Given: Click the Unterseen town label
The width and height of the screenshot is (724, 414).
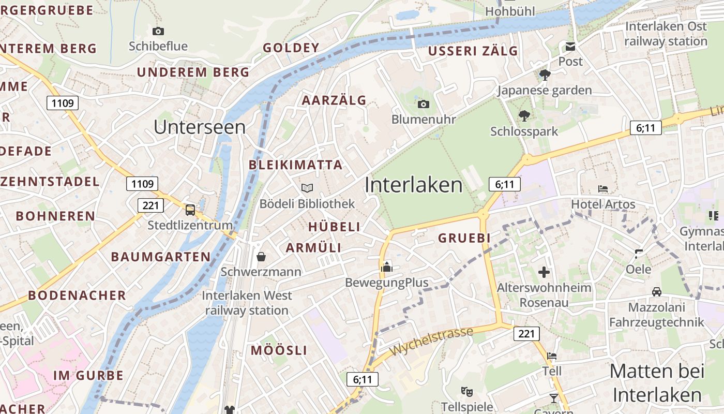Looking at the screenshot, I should click(x=200, y=127).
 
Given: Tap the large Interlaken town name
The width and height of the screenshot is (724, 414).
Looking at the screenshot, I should click(x=414, y=185).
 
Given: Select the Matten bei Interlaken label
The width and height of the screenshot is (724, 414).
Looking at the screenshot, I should click(x=657, y=383).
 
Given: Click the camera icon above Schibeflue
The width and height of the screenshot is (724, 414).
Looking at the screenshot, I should click(x=158, y=31).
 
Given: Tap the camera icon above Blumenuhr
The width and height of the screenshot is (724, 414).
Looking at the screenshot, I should click(x=423, y=105).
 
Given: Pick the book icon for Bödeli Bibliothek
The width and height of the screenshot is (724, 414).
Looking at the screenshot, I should click(x=307, y=188).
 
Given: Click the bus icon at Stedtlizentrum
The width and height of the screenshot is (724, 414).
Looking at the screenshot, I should click(x=190, y=210).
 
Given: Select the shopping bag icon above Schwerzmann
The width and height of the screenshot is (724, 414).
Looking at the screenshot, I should click(x=261, y=256).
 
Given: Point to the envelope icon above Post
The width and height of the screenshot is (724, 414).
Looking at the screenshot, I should click(x=570, y=47).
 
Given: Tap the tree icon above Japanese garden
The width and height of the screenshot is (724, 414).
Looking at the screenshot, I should click(x=545, y=75).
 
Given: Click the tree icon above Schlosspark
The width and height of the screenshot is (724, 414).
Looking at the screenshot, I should click(x=524, y=115).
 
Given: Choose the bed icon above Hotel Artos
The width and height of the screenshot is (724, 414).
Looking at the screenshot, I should click(x=603, y=189).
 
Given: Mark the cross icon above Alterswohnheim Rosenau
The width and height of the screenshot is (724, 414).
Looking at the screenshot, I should click(x=544, y=272).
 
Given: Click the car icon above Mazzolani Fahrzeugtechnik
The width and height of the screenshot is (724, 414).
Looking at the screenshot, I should click(x=656, y=292).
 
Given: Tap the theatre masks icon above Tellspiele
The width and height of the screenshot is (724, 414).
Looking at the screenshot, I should click(x=466, y=391).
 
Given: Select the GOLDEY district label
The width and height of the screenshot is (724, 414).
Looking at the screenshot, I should click(x=291, y=48).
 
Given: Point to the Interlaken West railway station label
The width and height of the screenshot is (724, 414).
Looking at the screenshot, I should click(x=247, y=303).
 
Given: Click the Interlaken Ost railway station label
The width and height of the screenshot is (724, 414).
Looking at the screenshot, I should click(x=666, y=34).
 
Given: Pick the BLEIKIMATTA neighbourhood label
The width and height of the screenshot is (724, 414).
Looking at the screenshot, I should click(x=295, y=165).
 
